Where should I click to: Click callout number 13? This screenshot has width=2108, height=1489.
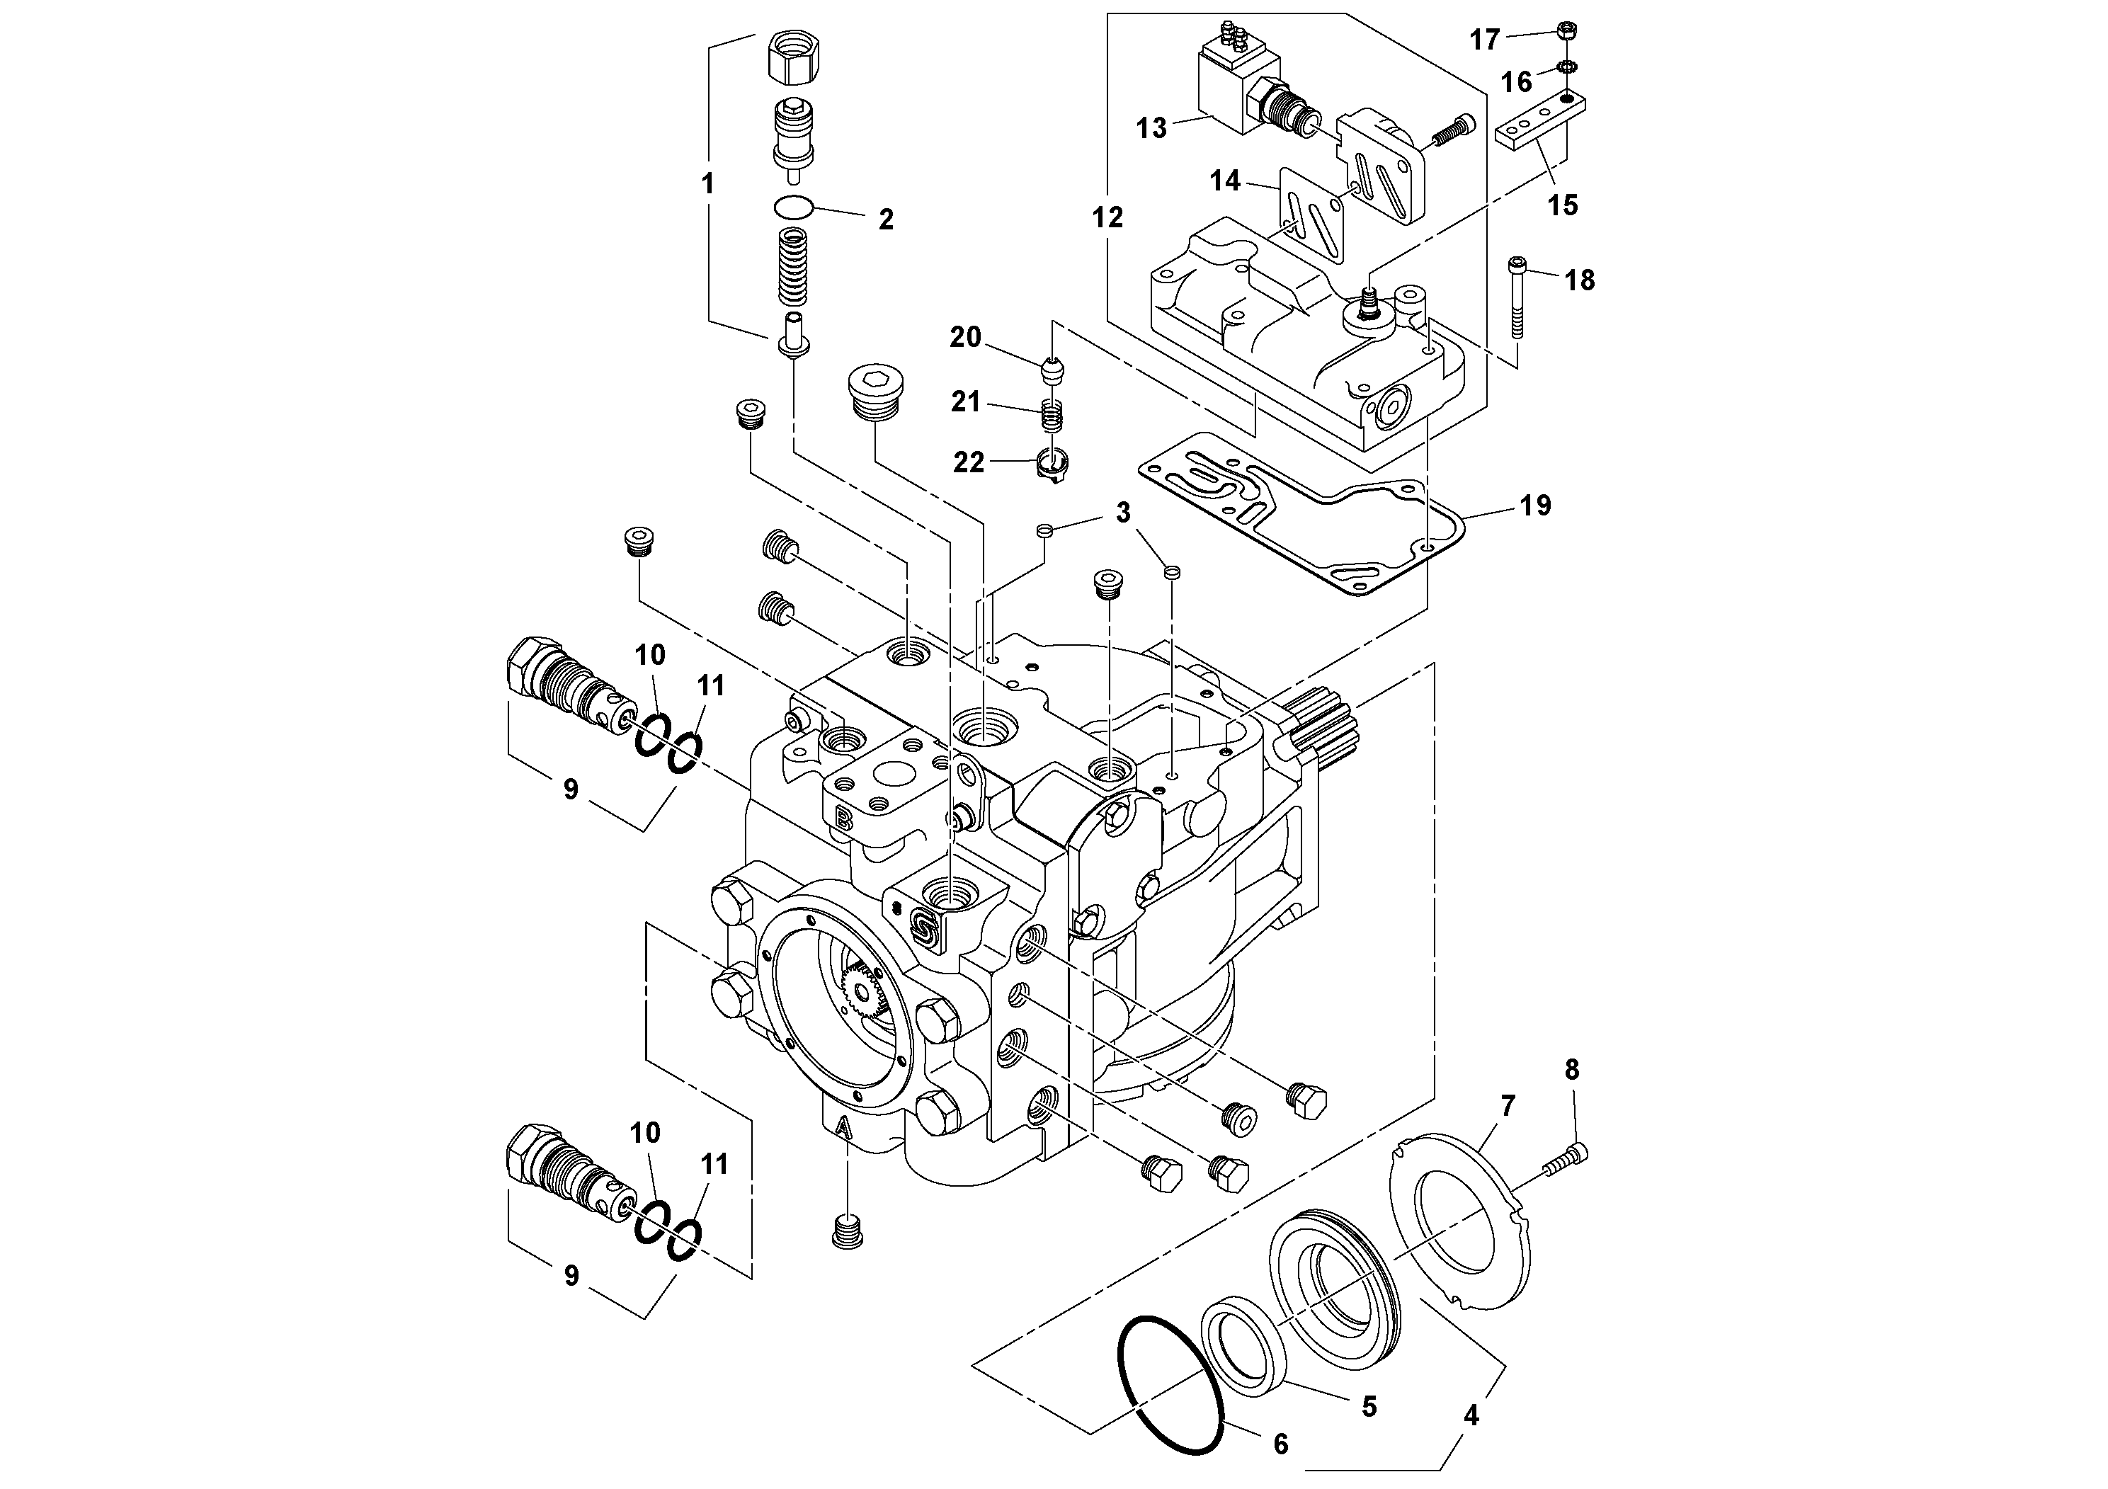coord(1151,127)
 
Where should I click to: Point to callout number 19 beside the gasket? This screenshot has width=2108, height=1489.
coord(1535,505)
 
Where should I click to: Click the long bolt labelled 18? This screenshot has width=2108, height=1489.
coord(1516,302)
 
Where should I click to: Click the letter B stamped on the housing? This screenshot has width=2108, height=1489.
coord(842,816)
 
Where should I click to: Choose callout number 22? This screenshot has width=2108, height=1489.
coord(968,462)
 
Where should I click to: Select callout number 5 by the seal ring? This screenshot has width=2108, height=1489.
coord(1369,1405)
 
